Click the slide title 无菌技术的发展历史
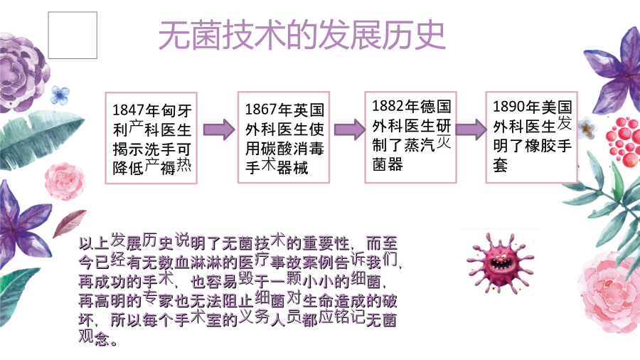coord(302,35)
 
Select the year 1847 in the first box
coord(128,110)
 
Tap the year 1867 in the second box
coord(261,110)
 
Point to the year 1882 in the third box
coord(388,106)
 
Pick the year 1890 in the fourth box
coord(509,107)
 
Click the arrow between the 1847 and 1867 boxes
coord(219,129)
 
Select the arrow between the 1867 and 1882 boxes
coord(350,129)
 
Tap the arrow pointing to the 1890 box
coord(471,129)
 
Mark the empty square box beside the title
coord(73,35)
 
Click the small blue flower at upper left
coord(60,95)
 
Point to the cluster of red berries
coord(623,141)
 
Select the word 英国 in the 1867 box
coord(309,110)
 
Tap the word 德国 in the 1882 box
coord(435,106)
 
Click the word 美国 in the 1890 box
coord(557,107)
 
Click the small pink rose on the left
coord(65,181)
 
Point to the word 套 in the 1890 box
coord(501,165)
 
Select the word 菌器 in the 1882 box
coord(388,164)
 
